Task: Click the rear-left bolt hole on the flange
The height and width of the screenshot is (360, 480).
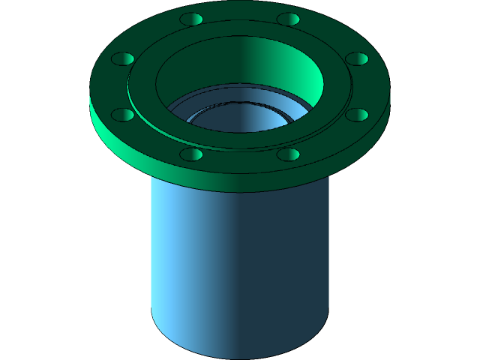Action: click(192, 19)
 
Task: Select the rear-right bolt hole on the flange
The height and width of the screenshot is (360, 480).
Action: click(288, 19)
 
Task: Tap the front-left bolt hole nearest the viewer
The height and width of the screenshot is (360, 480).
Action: click(192, 154)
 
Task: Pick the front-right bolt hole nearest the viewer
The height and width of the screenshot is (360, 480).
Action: click(288, 154)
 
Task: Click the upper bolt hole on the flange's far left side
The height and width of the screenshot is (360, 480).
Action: click(123, 58)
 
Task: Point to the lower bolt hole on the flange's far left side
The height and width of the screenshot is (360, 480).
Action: click(123, 115)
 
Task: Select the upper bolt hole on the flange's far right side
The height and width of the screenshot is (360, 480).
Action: click(357, 58)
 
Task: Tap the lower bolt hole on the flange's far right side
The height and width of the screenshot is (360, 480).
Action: click(357, 115)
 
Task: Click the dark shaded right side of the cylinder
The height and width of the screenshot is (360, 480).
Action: click(300, 255)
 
